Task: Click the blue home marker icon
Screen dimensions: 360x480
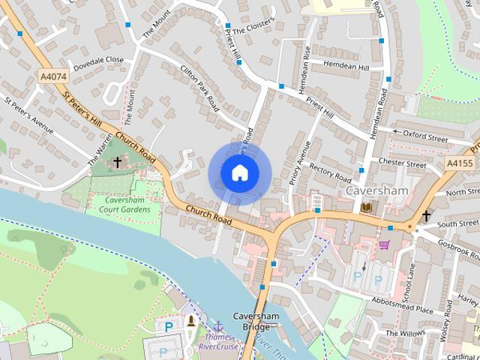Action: [x=239, y=173]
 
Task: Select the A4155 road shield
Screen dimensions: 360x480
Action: [x=459, y=163]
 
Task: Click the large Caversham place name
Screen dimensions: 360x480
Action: [x=376, y=190]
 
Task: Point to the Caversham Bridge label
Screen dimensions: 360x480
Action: [x=256, y=321]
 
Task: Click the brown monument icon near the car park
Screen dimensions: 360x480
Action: [x=191, y=321]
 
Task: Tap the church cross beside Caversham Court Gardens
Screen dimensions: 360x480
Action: [x=116, y=162]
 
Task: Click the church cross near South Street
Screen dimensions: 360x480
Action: [x=426, y=216]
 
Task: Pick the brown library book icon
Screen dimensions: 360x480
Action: [x=366, y=207]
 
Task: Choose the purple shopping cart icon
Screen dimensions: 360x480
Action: [x=385, y=244]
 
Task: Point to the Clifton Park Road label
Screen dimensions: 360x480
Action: [x=199, y=87]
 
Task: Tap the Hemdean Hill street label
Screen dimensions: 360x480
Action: [x=346, y=67]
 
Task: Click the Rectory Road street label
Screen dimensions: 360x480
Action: [x=330, y=173]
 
